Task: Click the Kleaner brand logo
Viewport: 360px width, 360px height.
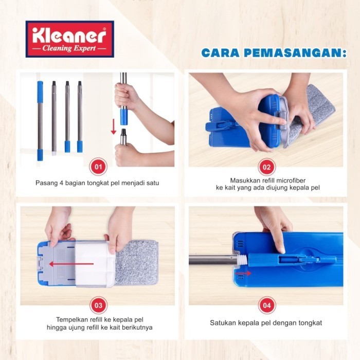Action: click(69, 39)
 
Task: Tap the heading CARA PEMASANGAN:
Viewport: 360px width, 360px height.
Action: click(273, 53)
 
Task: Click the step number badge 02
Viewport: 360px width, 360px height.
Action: click(266, 167)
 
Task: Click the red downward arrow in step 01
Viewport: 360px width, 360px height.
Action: click(114, 126)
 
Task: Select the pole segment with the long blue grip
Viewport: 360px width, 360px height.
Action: click(40, 120)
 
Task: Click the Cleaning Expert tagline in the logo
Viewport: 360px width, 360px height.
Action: click(69, 49)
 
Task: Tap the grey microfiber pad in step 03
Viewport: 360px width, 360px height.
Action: click(136, 262)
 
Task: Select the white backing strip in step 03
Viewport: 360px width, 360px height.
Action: click(95, 263)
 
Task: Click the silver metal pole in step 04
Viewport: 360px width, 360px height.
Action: click(211, 259)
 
